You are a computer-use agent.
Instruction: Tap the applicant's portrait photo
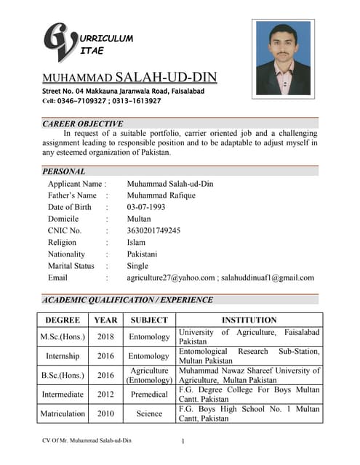pyautogui.click(x=283, y=57)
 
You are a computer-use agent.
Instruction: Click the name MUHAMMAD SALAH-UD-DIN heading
pyautogui.click(x=129, y=78)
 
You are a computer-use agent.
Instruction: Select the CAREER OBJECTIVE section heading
pyautogui.click(x=83, y=124)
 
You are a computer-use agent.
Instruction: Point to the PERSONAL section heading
pyautogui.click(x=64, y=171)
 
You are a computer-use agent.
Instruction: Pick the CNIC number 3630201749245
pyautogui.click(x=153, y=230)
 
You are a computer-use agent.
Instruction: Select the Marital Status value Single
pyautogui.click(x=137, y=266)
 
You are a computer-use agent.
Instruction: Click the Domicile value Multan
pyautogui.click(x=139, y=219)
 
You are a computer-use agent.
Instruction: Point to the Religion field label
pyautogui.click(x=62, y=243)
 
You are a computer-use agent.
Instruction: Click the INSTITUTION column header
pyautogui.click(x=249, y=320)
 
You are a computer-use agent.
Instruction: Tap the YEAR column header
pyautogui.click(x=105, y=320)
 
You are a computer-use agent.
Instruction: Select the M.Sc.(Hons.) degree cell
pyautogui.click(x=63, y=337)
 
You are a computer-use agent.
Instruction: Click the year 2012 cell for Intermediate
pyautogui.click(x=105, y=395)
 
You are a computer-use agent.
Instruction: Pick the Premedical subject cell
pyautogui.click(x=148, y=395)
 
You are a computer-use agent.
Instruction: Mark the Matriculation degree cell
pyautogui.click(x=63, y=413)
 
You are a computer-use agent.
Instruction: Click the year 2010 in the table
pyautogui.click(x=105, y=413)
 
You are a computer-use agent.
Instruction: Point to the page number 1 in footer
pyautogui.click(x=183, y=441)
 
